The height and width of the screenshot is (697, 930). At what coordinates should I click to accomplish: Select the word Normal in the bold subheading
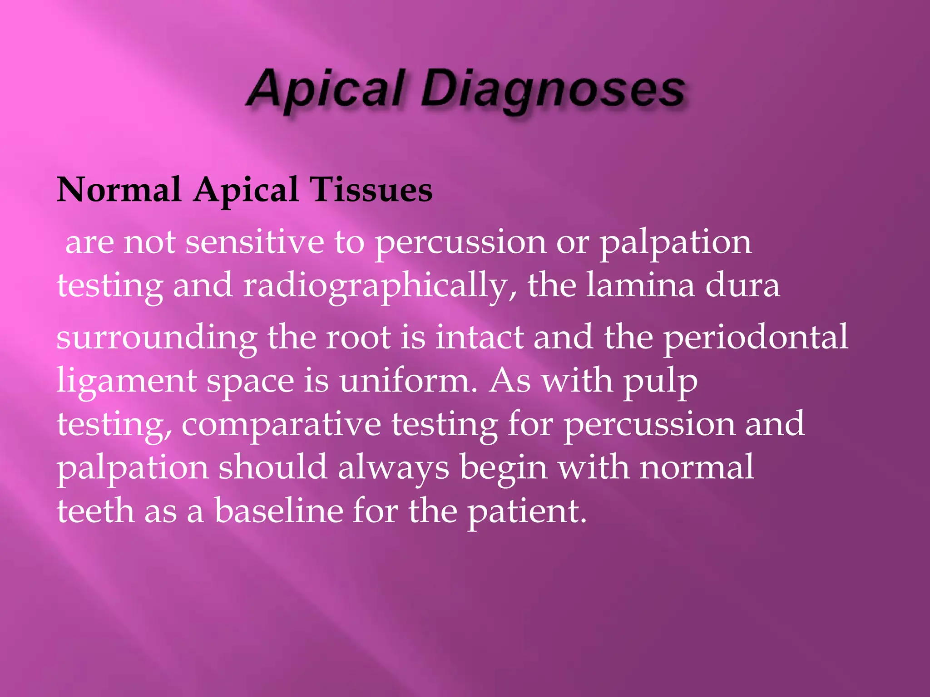click(x=119, y=190)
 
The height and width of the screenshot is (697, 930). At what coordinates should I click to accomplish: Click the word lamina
click(x=640, y=286)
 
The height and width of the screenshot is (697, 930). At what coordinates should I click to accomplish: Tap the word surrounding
click(x=157, y=338)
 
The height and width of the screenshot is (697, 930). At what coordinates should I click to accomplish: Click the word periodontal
click(x=756, y=338)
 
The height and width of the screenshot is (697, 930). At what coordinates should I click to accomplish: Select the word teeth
click(x=95, y=510)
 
